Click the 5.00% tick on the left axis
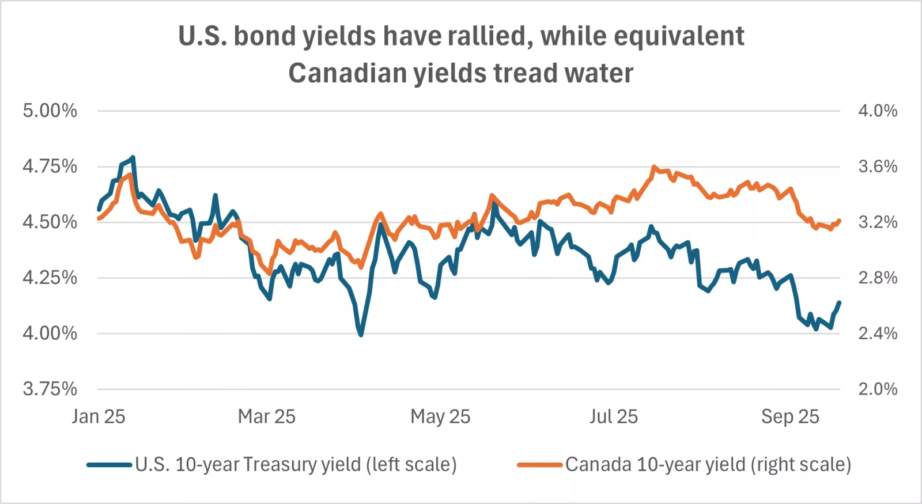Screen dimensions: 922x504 [x=50, y=111]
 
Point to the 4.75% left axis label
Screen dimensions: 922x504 [x=50, y=166]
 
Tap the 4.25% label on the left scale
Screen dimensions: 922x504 [x=50, y=278]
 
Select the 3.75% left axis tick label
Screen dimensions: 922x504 [x=50, y=389]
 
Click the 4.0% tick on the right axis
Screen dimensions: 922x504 [x=878, y=111]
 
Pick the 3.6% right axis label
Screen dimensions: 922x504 [x=878, y=166]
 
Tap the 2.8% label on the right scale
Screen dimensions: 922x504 [x=878, y=278]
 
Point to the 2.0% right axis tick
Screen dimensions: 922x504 [x=878, y=389]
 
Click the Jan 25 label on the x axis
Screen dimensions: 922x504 [x=99, y=417]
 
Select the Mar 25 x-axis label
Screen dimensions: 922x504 [x=267, y=417]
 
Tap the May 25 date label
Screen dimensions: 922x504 [x=440, y=417]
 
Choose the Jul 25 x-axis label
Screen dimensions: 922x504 [x=613, y=417]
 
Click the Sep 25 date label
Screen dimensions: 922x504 [x=790, y=417]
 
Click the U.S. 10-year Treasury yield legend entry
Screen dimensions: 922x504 [x=271, y=465]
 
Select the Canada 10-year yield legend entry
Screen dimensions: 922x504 [x=684, y=465]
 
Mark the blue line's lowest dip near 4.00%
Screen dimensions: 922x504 [x=361, y=335]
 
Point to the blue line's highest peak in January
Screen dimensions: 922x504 [x=133, y=158]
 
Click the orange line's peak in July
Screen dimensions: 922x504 [x=653, y=167]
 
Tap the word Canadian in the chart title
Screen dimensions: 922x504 [x=348, y=73]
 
